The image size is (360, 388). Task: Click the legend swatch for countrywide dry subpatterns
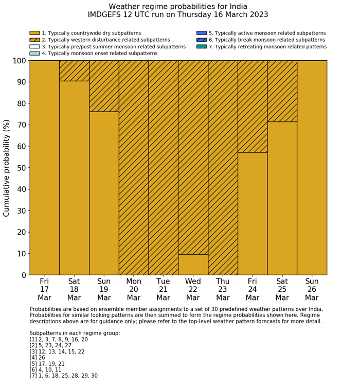click(x=34, y=33)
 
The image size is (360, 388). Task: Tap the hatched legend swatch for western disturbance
click(x=34, y=40)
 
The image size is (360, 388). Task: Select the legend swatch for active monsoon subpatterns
click(x=202, y=33)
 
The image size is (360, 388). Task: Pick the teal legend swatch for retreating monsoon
click(x=202, y=46)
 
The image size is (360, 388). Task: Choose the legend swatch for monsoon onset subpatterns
click(x=34, y=53)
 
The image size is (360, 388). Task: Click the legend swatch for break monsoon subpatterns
click(x=202, y=40)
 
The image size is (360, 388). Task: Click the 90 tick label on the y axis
click(x=21, y=82)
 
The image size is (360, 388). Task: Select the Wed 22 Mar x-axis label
click(x=193, y=289)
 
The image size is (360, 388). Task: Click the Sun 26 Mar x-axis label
click(x=312, y=289)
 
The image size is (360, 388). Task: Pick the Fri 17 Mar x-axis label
click(x=44, y=289)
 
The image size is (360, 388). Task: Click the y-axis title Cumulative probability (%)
click(x=7, y=168)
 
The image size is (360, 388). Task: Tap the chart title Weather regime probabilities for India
click(x=178, y=7)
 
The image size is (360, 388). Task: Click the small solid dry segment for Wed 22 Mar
click(x=193, y=264)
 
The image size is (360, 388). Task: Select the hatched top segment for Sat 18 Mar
click(x=74, y=71)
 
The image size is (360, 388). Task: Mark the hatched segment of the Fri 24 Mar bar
click(x=253, y=107)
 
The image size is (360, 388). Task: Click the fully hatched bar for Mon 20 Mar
click(x=134, y=168)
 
